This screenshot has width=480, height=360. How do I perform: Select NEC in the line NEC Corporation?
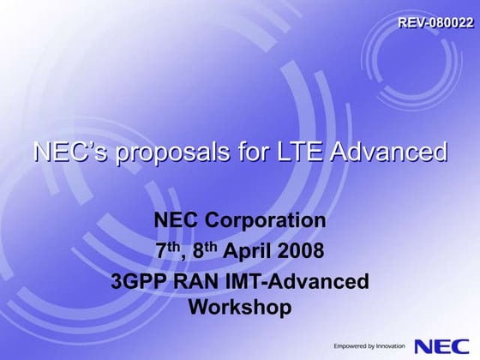click(175, 221)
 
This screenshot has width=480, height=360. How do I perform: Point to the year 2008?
click(305, 251)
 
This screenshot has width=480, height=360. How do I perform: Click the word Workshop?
click(239, 307)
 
